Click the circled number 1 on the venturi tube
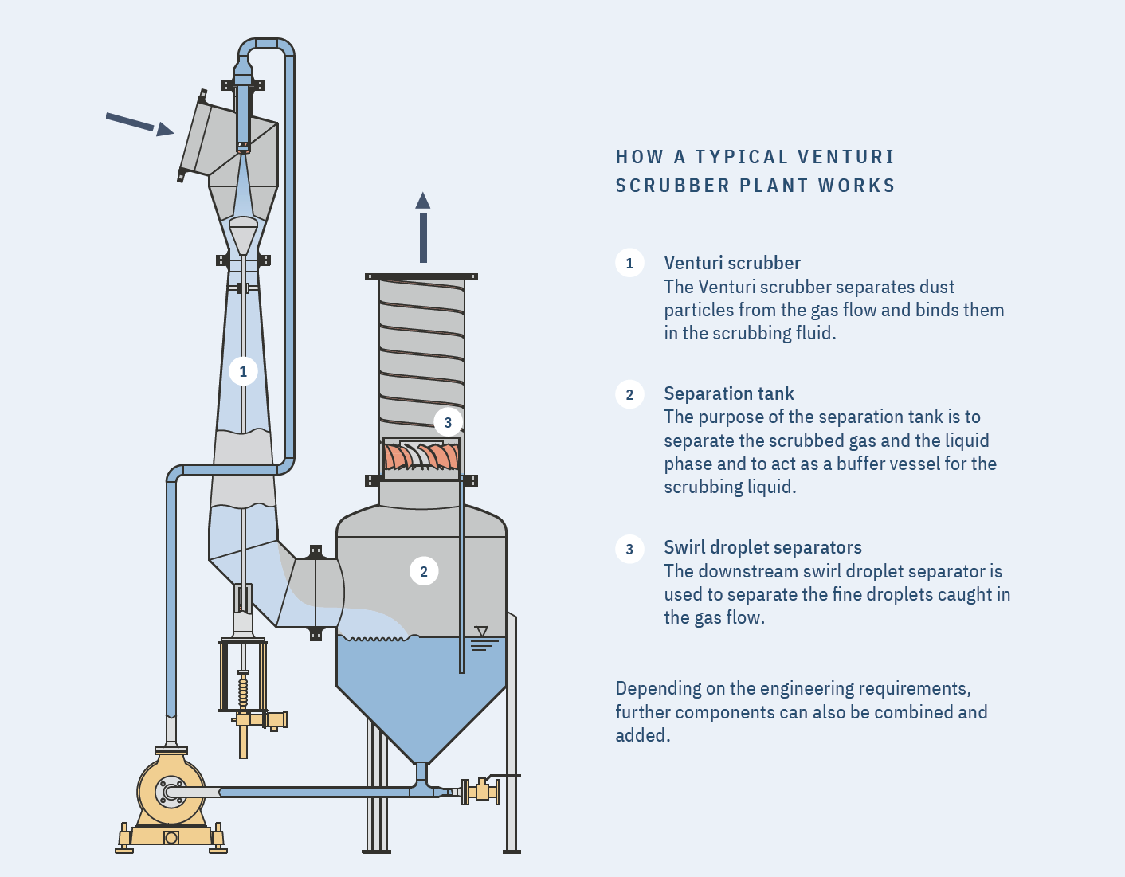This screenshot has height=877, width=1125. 243,371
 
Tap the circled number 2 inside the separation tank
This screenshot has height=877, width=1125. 423,571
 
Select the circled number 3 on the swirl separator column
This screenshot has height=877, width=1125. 448,422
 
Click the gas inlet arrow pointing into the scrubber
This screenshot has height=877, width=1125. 139,123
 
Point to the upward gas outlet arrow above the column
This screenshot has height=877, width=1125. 423,227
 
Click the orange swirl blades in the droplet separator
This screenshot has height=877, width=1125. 421,457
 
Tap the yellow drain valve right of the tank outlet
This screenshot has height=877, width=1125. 481,791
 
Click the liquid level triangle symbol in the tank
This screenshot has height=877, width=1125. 481,632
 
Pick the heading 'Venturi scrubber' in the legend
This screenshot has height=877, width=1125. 731,263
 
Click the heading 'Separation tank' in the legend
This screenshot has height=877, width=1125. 728,393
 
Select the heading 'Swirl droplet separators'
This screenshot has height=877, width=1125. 762,547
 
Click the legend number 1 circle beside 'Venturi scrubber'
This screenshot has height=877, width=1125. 629,263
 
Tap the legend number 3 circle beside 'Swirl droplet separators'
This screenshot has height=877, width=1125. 629,549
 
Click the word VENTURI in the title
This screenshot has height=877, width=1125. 845,157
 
